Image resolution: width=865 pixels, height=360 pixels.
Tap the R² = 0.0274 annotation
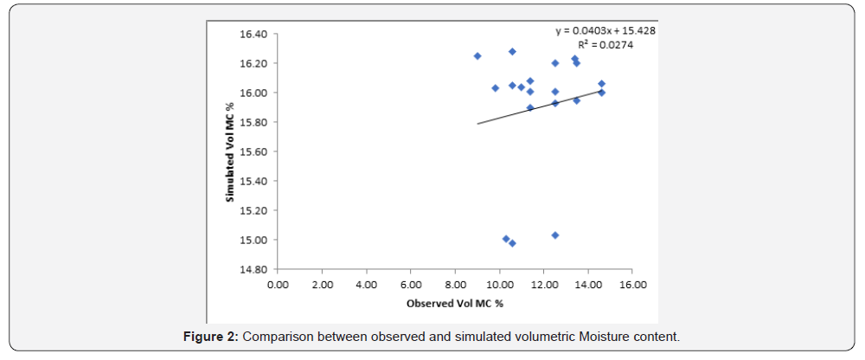coord(605,45)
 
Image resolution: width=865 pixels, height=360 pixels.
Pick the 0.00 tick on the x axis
coord(277,284)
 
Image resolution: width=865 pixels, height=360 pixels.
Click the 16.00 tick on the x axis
coord(631,284)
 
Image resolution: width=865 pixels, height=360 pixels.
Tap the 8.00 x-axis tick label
coord(454,284)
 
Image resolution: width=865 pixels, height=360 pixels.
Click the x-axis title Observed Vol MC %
coord(455,304)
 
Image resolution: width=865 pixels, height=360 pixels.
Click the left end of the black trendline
coord(477,124)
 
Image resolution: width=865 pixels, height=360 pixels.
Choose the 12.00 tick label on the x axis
coord(543,284)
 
